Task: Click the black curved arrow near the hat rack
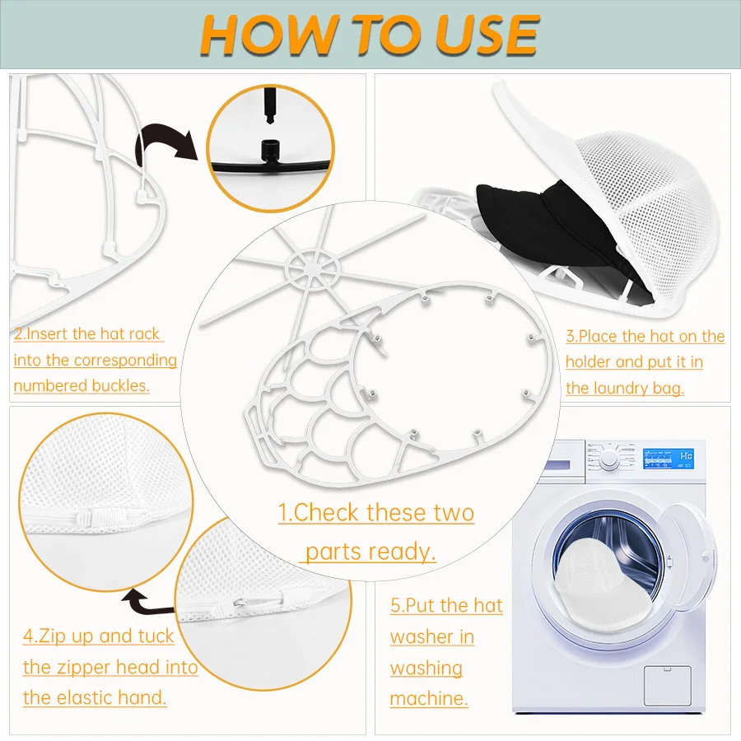pyautogui.click(x=166, y=143)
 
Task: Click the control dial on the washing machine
pyautogui.click(x=609, y=459)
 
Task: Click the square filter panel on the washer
pyautogui.click(x=667, y=685)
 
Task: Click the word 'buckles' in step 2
pyautogui.click(x=119, y=385)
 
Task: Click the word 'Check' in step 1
pyautogui.click(x=325, y=513)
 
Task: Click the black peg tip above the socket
pyautogui.click(x=270, y=106)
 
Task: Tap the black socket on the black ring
pyautogui.click(x=270, y=151)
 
